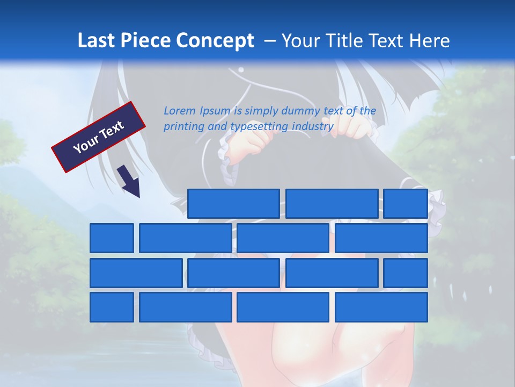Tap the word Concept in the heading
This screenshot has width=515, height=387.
pyautogui.click(x=215, y=41)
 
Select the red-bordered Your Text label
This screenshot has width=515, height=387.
pyautogui.click(x=99, y=137)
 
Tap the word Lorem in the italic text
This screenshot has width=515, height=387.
pyautogui.click(x=180, y=111)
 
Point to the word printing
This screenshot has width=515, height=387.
pyautogui.click(x=184, y=127)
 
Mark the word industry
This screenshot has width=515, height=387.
pyautogui.click(x=313, y=127)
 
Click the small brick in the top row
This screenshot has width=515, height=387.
pyautogui.click(x=406, y=204)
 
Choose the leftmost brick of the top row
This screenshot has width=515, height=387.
pyautogui.click(x=233, y=204)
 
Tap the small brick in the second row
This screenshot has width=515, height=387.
pyautogui.click(x=112, y=238)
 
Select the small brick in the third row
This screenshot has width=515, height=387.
pyautogui.click(x=406, y=273)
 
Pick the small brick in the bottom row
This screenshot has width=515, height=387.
pyautogui.click(x=112, y=307)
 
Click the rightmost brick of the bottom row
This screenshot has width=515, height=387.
pyautogui.click(x=381, y=307)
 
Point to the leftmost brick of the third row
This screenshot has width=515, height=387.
pyautogui.click(x=136, y=273)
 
